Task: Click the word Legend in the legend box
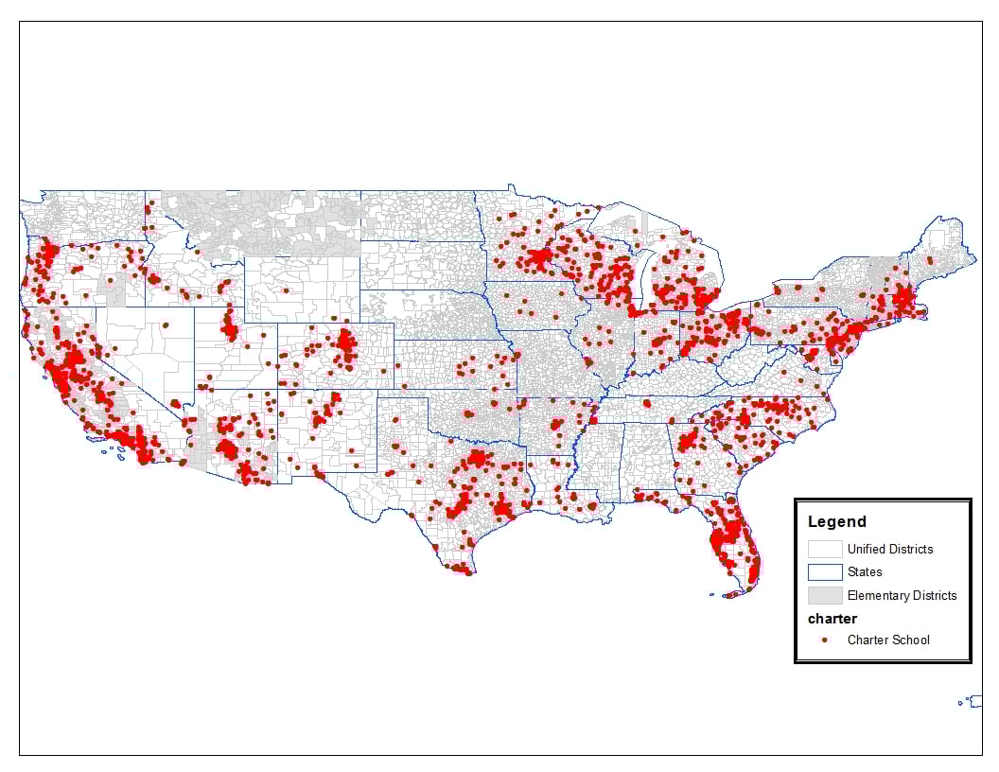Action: tap(836, 521)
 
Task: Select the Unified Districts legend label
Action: tap(889, 549)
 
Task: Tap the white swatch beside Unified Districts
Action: tap(825, 549)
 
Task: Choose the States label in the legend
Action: tap(865, 571)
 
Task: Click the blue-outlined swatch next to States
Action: tap(825, 572)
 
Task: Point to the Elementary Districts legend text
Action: tap(902, 595)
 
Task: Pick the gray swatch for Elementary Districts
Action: tap(825, 595)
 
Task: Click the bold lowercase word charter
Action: tap(832, 619)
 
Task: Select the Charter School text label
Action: tap(888, 640)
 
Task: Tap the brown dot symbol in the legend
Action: tap(825, 640)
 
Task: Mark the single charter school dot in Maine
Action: tap(931, 259)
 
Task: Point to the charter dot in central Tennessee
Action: tap(647, 403)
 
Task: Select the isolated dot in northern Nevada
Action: tap(166, 325)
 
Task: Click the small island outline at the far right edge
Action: tap(972, 701)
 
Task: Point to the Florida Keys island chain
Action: tap(728, 594)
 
